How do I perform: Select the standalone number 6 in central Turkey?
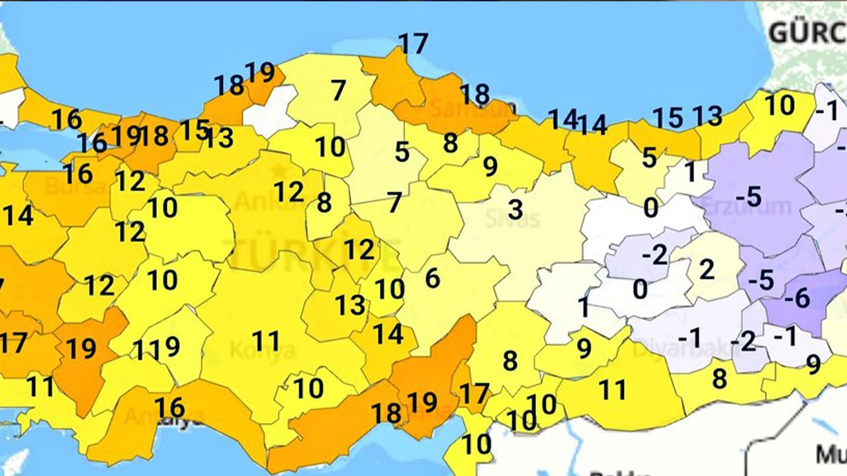(432, 278)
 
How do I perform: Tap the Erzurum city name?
(746, 206)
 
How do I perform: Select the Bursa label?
(75, 187)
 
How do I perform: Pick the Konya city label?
(262, 350)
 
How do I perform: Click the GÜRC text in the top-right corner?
(807, 31)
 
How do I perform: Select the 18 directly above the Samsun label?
(475, 95)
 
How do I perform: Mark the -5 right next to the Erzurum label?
(748, 196)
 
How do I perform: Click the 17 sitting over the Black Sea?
(414, 44)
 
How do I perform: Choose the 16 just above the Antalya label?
(169, 405)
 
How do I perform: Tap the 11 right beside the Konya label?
(267, 341)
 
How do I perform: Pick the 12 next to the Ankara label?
(289, 191)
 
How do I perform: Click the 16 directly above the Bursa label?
(78, 173)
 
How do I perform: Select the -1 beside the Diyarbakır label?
(689, 337)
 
